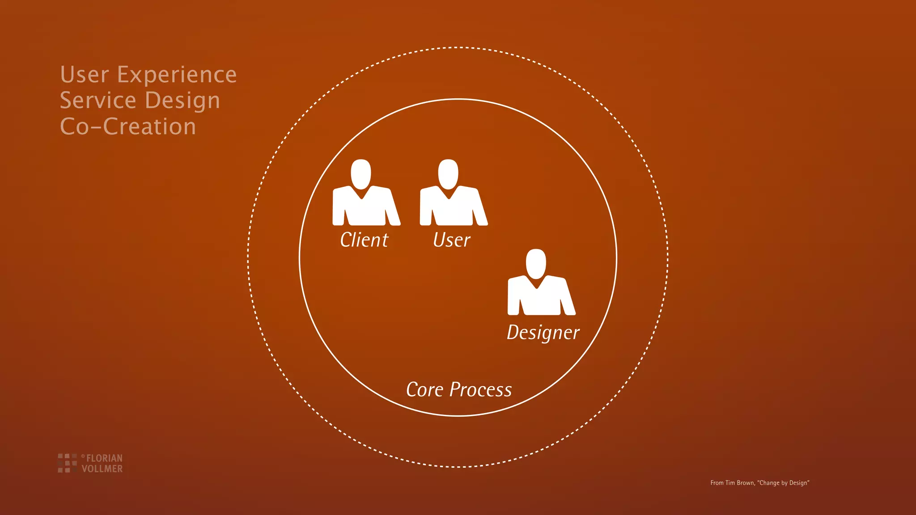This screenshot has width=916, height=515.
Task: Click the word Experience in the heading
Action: tap(177, 75)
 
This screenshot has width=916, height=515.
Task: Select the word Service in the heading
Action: tap(98, 100)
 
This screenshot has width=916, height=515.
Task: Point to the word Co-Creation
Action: tap(128, 127)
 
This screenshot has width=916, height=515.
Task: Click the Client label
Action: tap(364, 240)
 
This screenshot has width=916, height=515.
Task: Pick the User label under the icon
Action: tap(452, 241)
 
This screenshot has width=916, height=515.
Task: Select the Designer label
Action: tap(543, 333)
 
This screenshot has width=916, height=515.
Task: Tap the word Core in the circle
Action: tap(424, 390)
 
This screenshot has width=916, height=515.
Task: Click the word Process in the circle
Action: tap(480, 390)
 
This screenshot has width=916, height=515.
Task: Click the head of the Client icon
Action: tap(361, 173)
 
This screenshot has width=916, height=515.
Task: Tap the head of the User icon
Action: tap(448, 173)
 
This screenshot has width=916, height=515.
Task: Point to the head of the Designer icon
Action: tap(536, 263)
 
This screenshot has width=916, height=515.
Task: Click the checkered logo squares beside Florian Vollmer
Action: tap(67, 463)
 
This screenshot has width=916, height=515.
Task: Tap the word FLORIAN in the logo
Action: tap(104, 458)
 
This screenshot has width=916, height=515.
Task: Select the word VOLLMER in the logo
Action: tap(102, 469)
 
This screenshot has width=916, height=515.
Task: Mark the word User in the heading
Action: tap(85, 75)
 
